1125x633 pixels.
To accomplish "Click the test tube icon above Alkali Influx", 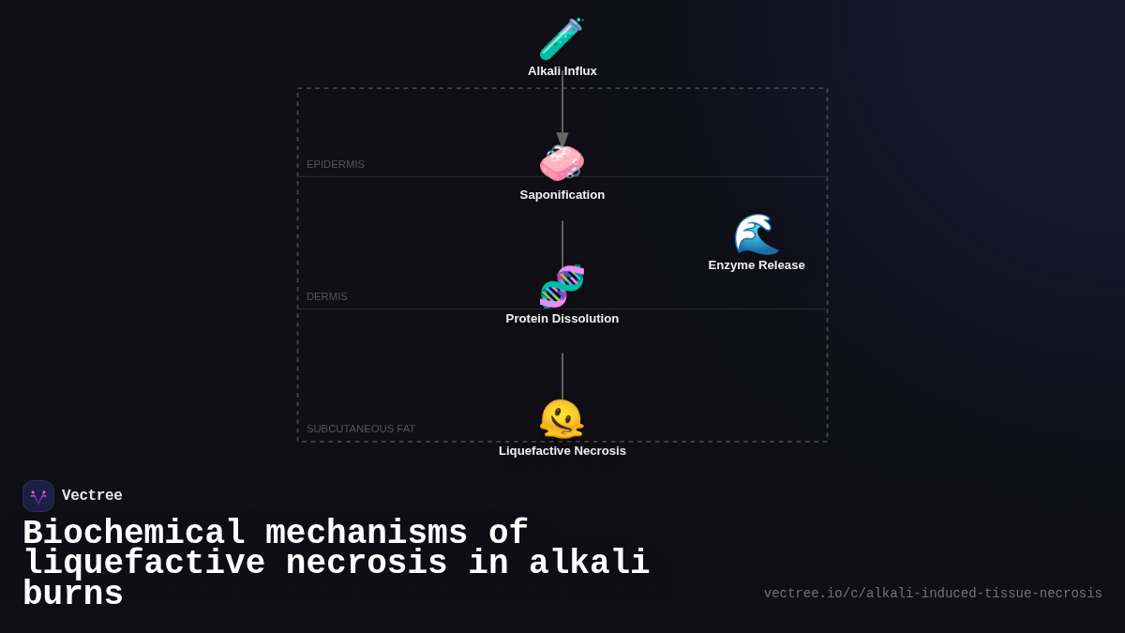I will [x=562, y=39].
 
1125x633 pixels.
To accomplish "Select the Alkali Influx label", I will [x=562, y=71].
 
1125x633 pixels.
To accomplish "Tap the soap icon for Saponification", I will [x=562, y=163].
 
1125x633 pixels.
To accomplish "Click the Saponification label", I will [x=562, y=195].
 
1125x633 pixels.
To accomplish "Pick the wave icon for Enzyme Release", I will [x=756, y=234].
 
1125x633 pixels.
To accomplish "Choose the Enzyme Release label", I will [x=756, y=265].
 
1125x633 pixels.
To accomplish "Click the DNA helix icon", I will [x=562, y=287].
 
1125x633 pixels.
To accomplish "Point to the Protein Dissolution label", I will [x=562, y=319].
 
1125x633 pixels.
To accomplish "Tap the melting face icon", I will [x=562, y=419].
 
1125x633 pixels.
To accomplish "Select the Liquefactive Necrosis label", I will [x=562, y=451].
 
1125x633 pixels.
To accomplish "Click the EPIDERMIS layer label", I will [x=336, y=164].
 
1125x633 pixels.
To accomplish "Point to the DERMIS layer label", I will [x=327, y=296].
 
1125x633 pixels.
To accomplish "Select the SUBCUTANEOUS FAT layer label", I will [x=361, y=429].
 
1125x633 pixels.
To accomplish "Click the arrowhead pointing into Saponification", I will [x=562, y=139].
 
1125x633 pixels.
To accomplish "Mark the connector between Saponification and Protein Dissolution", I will [x=562, y=244].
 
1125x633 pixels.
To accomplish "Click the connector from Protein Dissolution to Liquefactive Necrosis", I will [x=562, y=376].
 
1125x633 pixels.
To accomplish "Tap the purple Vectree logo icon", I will [x=38, y=496].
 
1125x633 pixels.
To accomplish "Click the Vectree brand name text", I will [x=92, y=496].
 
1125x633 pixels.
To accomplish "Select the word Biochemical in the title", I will [x=134, y=533].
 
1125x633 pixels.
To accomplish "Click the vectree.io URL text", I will [x=933, y=594].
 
